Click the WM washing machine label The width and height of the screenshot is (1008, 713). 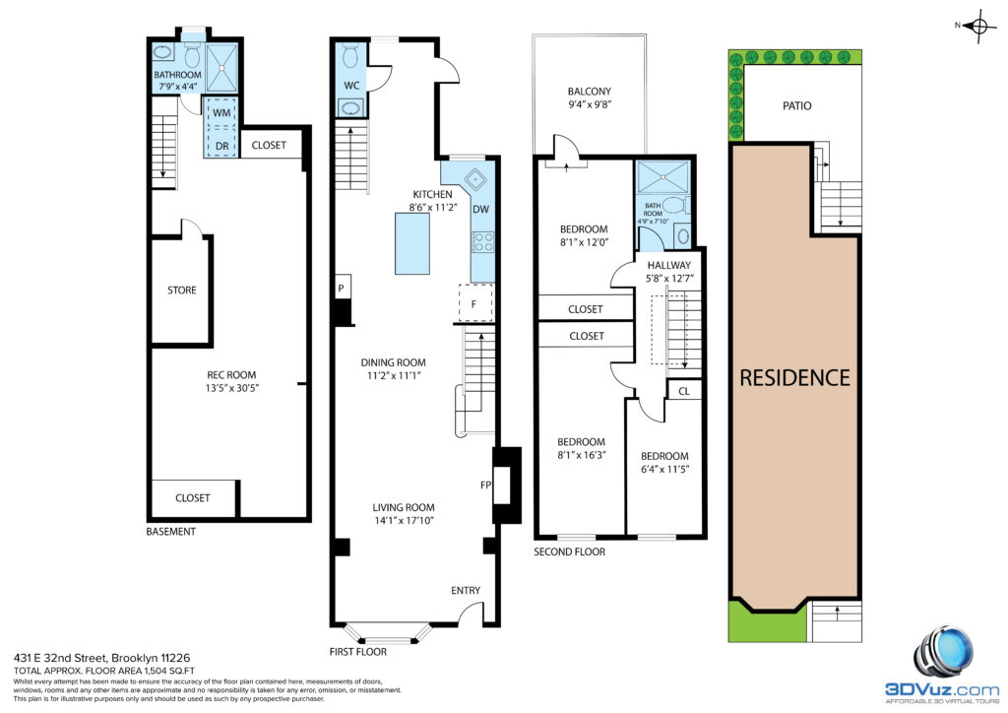pos(221,112)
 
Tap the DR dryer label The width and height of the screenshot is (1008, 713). pos(221,146)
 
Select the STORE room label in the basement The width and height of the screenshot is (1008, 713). pos(182,290)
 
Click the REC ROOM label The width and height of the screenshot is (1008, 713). pos(231,375)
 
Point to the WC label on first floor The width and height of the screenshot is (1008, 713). pos(351,86)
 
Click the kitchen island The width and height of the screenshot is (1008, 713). pos(412,243)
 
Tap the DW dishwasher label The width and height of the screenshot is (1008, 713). pos(480,209)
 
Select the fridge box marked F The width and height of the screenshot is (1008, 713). pos(475,302)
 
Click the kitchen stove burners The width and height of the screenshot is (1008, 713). pos(482,241)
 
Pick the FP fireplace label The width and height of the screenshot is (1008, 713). pos(486,485)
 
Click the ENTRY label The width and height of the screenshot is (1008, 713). pos(466,590)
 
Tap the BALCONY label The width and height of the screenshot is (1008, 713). pos(590,92)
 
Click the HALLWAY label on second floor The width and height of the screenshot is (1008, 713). pos(669,265)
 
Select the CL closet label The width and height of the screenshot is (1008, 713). pos(684,391)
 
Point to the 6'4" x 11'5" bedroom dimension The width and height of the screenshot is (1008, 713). pos(664,470)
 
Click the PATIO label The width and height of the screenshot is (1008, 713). pos(797,105)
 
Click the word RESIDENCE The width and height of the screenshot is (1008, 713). pos(794,378)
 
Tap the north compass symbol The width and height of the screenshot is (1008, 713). pos(979,26)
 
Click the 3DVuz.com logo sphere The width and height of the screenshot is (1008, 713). pos(944,651)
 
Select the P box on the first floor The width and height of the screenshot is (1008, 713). pos(342,288)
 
